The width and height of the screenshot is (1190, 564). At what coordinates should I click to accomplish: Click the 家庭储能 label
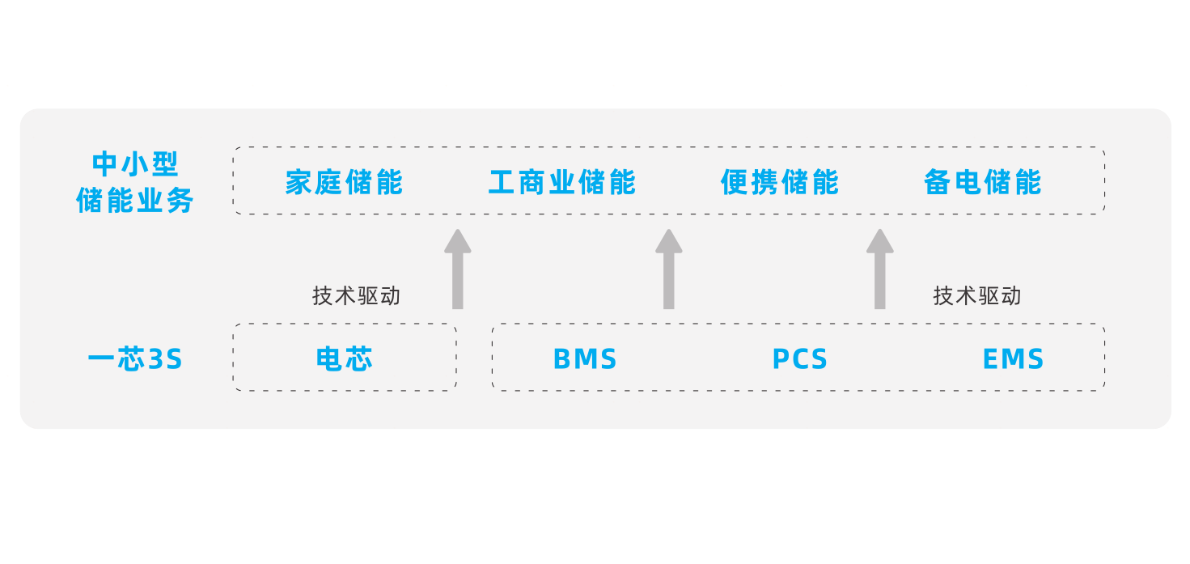[x=344, y=182]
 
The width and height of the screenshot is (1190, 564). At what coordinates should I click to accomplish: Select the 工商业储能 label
[x=562, y=182]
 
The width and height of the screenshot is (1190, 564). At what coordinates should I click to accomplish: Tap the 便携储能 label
[x=780, y=182]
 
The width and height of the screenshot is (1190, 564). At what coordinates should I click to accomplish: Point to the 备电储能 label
[x=982, y=182]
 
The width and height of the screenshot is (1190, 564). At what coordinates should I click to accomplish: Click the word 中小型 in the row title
[x=135, y=164]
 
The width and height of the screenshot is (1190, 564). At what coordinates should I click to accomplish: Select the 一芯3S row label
[x=135, y=358]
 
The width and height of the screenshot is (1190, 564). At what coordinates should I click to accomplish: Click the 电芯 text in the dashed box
[x=345, y=358]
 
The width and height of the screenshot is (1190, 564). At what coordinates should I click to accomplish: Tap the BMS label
[x=585, y=358]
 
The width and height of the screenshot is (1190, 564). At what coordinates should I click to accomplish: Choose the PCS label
[x=800, y=358]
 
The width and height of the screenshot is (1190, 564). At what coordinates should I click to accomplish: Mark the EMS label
[x=1013, y=358]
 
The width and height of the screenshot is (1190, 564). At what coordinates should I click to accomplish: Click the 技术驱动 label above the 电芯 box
[x=356, y=295]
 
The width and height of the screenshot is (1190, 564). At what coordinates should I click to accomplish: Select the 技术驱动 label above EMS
[x=977, y=295]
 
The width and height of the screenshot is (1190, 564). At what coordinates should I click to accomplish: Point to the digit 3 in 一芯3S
[x=156, y=359]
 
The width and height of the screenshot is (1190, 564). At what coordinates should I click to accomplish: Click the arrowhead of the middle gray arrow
[x=669, y=241]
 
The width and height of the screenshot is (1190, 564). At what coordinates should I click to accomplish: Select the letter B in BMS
[x=562, y=359]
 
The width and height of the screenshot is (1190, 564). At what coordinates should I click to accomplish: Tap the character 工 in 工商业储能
[x=502, y=182]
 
